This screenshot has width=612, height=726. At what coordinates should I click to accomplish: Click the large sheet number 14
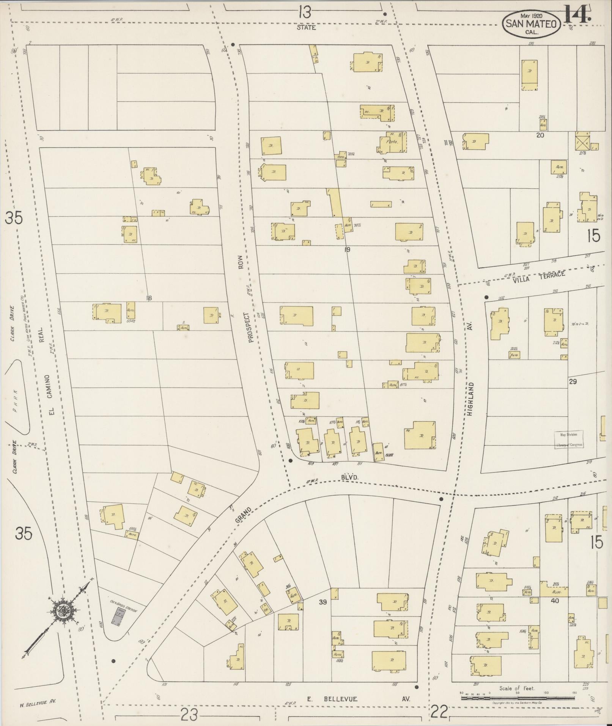coord(577,14)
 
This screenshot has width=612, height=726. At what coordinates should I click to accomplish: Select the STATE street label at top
coord(307,27)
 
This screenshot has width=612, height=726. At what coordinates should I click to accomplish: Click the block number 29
coord(573,381)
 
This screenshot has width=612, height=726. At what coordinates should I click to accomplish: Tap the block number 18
coord(149,298)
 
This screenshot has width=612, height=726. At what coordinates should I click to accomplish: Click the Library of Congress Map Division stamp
coord(568,440)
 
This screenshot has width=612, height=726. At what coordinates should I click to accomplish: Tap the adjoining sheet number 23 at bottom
coord(189,715)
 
